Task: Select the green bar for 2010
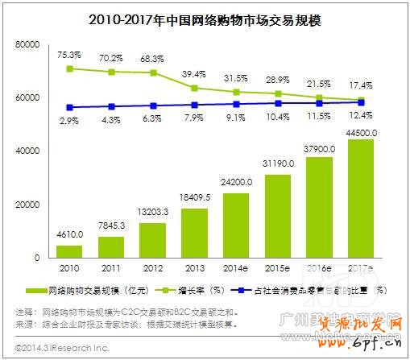[70, 251]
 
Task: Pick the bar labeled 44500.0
[361, 198]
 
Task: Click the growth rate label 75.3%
[69, 55]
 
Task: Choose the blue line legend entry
[314, 288]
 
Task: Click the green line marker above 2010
[70, 68]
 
